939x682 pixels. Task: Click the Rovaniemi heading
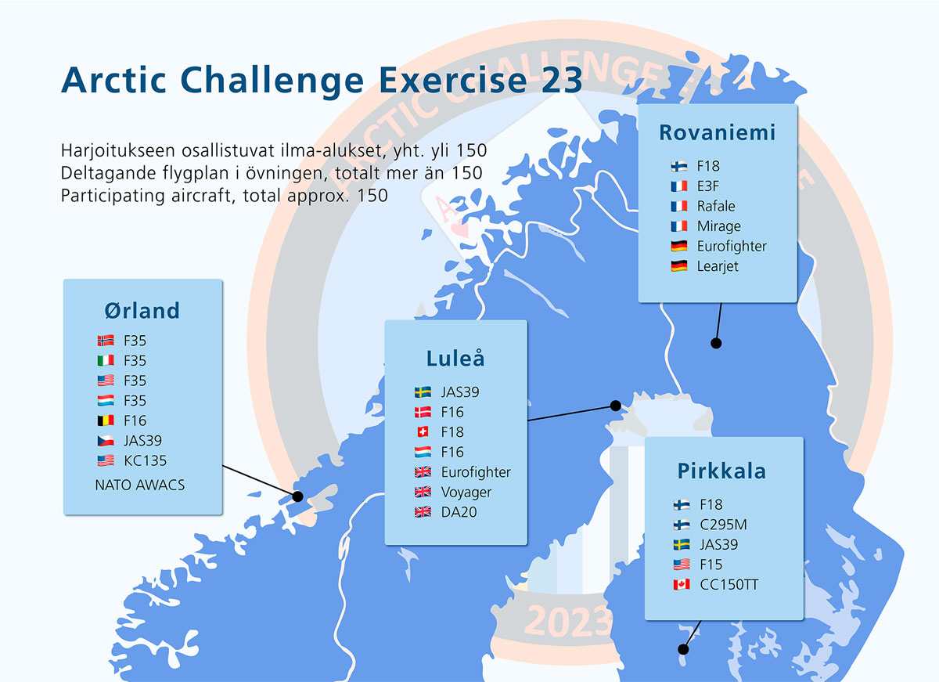718,132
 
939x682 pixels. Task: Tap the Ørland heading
142,311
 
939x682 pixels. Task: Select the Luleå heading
455,358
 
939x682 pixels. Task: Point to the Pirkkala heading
721,471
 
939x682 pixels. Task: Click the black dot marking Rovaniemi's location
716,343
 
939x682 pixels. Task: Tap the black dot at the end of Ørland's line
297,496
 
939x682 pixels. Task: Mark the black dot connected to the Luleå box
615,406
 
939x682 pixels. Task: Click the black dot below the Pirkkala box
683,649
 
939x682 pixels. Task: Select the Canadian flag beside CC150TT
682,584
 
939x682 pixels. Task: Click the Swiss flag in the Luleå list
423,431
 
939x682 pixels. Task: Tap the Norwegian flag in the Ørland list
106,341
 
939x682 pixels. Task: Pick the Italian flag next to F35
106,360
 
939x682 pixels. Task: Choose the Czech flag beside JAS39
106,440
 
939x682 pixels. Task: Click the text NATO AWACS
139,485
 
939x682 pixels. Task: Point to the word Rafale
716,206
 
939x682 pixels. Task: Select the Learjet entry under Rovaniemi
718,266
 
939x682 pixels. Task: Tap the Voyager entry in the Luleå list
466,493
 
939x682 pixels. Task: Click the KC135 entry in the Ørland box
145,460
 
